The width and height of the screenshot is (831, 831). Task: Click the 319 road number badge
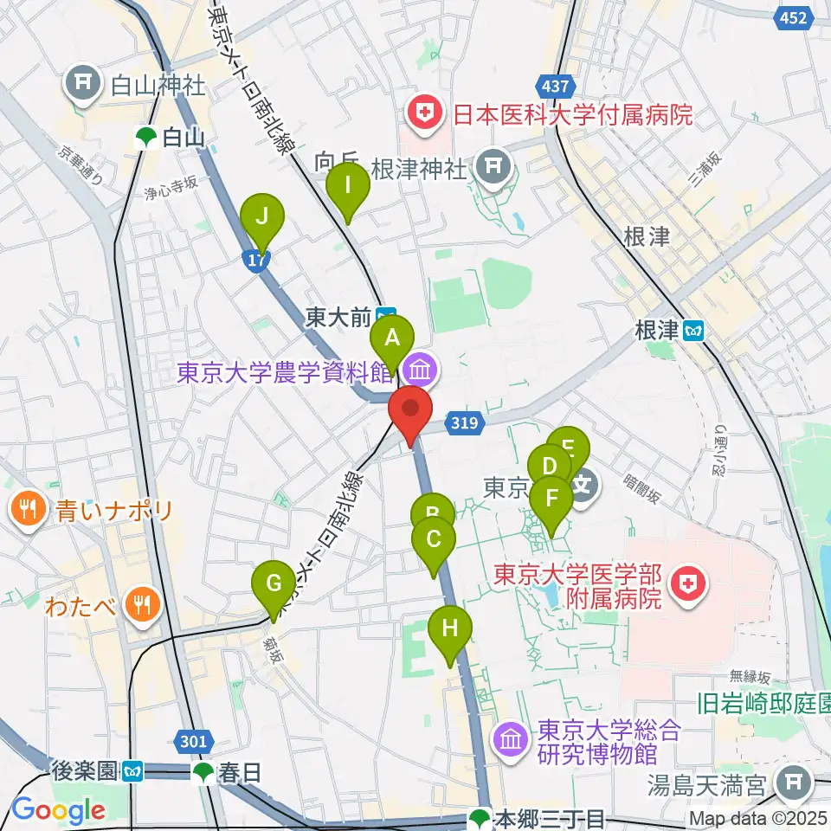tap(463, 422)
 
